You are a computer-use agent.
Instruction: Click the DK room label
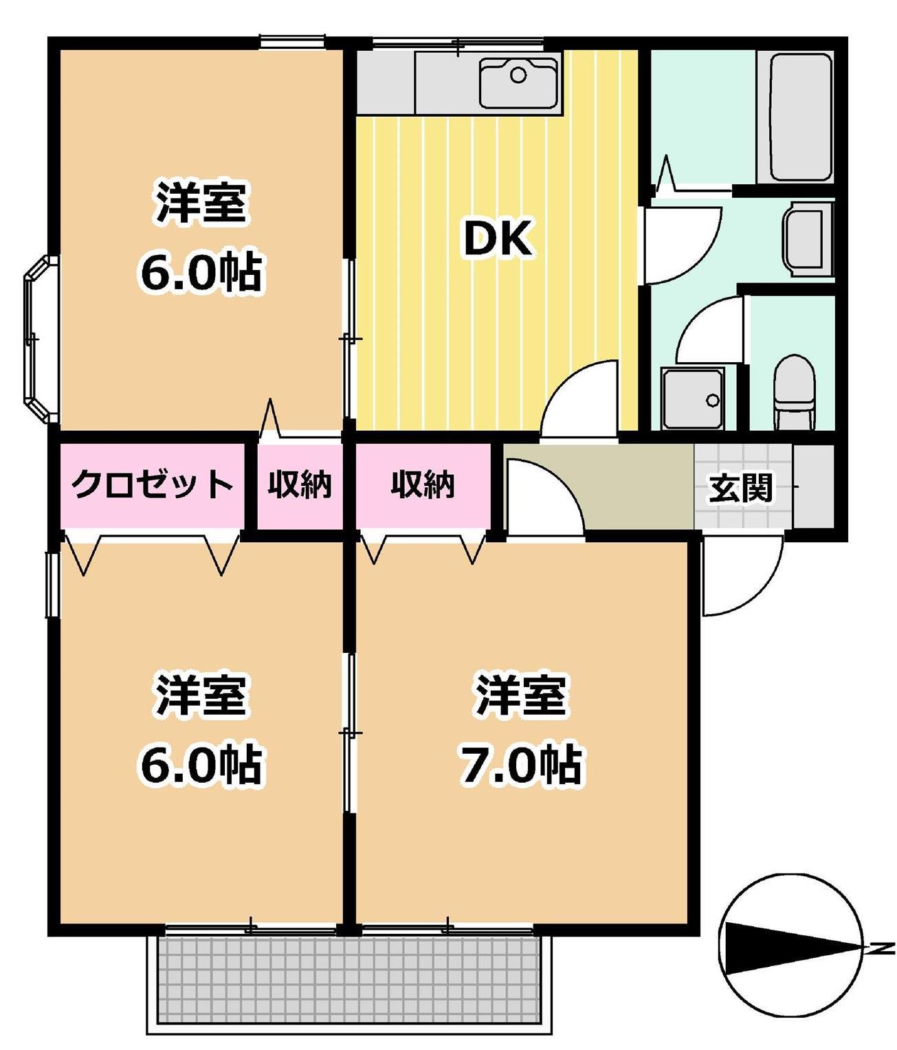(x=498, y=238)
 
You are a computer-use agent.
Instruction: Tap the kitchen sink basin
(x=518, y=82)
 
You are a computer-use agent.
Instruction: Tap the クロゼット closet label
(x=152, y=484)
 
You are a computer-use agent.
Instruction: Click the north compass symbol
(x=790, y=948)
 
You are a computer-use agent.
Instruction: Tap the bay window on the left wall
(x=40, y=340)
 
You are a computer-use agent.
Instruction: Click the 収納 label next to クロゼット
(x=300, y=484)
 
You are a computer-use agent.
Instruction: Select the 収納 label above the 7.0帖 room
(x=423, y=484)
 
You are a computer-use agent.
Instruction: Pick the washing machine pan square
(x=692, y=398)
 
